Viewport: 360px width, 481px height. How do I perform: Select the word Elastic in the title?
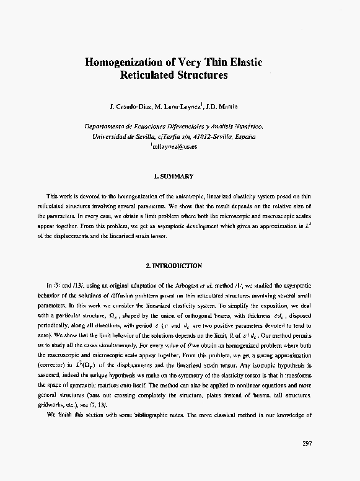(x=243, y=63)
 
